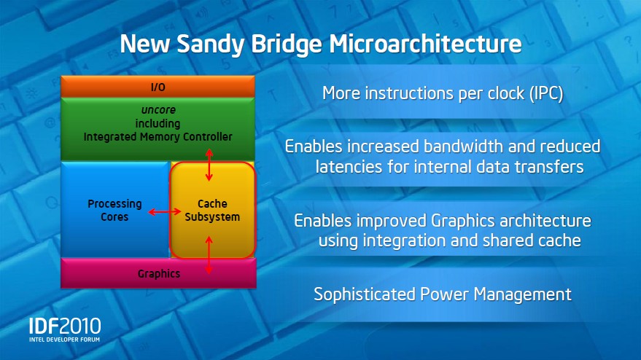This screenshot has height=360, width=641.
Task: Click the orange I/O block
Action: [158, 87]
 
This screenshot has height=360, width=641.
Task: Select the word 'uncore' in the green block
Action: [158, 110]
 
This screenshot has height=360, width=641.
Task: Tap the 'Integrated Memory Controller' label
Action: [158, 136]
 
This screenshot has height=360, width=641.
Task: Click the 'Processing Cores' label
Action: [115, 210]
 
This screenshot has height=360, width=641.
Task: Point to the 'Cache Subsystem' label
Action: [212, 210]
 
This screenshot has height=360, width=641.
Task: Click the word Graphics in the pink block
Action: [159, 274]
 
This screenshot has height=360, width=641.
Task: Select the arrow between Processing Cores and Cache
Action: [164, 211]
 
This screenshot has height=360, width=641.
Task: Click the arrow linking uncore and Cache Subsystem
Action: [209, 165]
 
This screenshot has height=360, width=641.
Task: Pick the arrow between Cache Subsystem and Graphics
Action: [209, 255]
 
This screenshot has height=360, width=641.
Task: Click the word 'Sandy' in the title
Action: [211, 44]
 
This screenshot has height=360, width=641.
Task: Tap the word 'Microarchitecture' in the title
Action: [426, 43]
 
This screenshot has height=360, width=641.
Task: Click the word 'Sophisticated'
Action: [364, 294]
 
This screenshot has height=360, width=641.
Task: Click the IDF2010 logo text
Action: [65, 326]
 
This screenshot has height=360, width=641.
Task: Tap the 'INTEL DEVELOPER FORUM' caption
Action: [65, 340]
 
